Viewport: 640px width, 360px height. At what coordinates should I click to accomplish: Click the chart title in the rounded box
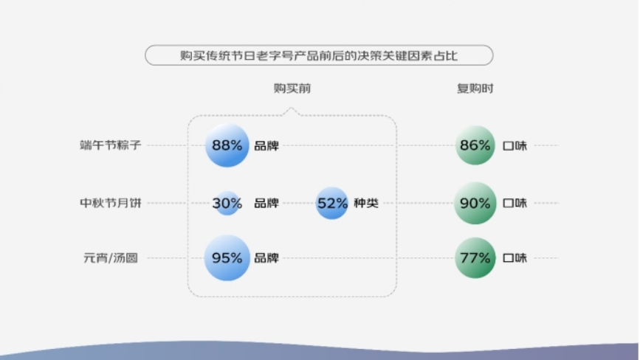(x=319, y=55)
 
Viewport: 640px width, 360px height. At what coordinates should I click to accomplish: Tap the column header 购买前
(x=292, y=88)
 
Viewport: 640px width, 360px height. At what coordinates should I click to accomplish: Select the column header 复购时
(x=475, y=88)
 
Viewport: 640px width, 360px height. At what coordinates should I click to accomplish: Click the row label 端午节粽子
(x=110, y=145)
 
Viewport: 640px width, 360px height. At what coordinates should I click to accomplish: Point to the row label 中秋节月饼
(x=110, y=203)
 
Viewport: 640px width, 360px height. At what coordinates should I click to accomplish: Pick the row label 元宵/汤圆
(x=110, y=258)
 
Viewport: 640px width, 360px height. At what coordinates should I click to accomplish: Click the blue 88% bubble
(x=227, y=145)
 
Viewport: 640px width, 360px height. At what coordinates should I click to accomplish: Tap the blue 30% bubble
(x=227, y=203)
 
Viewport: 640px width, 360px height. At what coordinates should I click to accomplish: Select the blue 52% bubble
(x=332, y=203)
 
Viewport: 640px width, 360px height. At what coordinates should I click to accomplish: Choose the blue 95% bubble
(x=227, y=258)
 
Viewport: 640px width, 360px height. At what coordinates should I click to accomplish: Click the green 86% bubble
(x=475, y=145)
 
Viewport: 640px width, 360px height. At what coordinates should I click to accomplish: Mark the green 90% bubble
(x=475, y=203)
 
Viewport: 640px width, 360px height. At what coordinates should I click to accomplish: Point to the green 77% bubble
(x=475, y=258)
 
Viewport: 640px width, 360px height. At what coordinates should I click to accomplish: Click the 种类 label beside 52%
(x=366, y=203)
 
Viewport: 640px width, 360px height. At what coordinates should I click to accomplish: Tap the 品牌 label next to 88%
(x=266, y=145)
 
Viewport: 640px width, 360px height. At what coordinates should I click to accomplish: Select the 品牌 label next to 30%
(x=266, y=203)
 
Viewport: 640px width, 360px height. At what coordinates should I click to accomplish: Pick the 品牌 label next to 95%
(x=266, y=258)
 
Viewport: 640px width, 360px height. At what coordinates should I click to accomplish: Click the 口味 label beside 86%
(x=515, y=145)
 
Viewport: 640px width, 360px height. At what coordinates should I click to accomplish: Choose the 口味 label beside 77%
(x=515, y=258)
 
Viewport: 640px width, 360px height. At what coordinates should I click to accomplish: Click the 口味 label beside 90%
(x=515, y=203)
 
